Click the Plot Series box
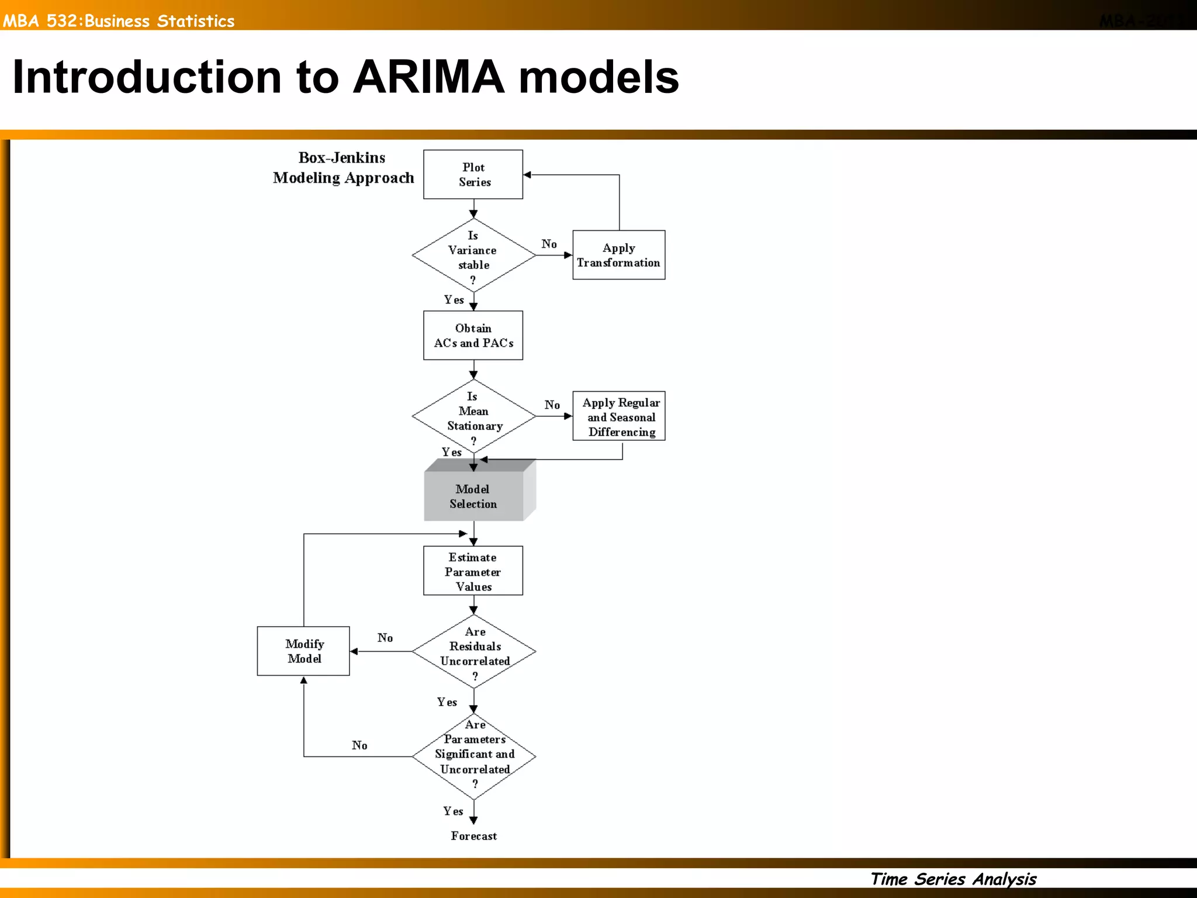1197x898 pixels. (x=473, y=174)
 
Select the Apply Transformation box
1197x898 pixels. (x=618, y=255)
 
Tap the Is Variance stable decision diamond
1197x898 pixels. (x=473, y=255)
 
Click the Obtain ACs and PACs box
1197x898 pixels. (x=473, y=335)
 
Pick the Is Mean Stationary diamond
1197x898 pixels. (x=473, y=416)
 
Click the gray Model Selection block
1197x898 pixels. (x=473, y=496)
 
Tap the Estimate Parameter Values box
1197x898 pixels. (x=473, y=571)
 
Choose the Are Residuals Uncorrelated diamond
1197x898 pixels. (x=474, y=651)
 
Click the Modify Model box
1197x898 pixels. (x=303, y=651)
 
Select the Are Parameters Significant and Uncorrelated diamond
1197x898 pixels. (x=474, y=756)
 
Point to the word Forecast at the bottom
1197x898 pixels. (x=473, y=836)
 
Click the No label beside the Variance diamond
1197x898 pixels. (x=549, y=244)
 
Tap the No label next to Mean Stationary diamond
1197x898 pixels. (x=552, y=405)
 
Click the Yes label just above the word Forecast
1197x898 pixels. (x=452, y=811)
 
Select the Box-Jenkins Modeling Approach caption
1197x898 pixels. (x=343, y=168)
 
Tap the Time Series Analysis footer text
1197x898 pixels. (x=953, y=879)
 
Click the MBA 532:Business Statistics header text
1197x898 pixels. (x=119, y=21)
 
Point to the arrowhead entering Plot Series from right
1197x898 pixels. (x=527, y=174)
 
